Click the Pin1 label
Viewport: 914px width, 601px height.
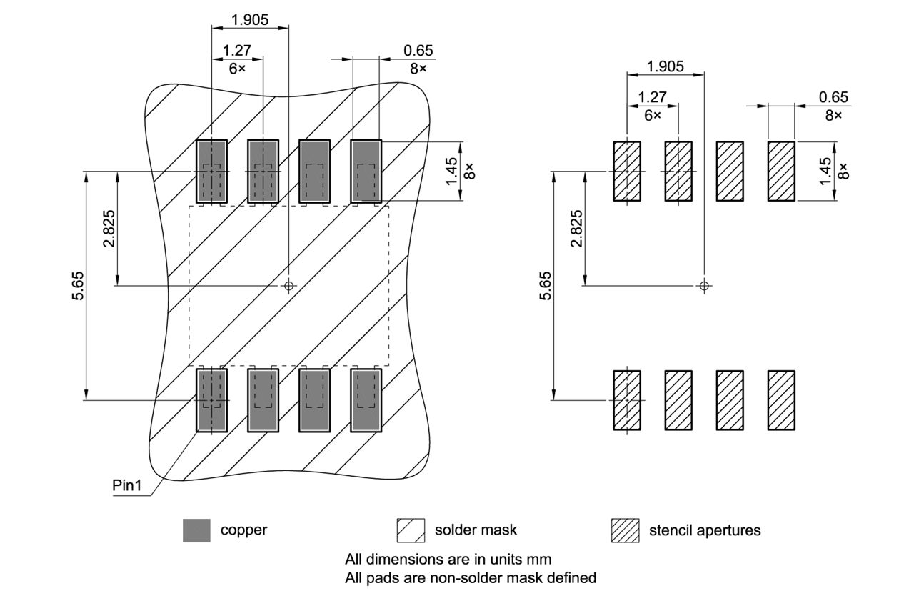coord(127,486)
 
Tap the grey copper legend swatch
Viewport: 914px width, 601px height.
coord(196,530)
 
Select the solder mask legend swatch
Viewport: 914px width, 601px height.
coord(411,530)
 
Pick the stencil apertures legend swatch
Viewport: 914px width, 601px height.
coord(625,530)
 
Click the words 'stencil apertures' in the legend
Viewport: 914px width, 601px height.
coord(704,530)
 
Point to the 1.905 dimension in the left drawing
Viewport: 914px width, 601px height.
coord(250,20)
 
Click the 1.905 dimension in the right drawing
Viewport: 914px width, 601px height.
coord(665,66)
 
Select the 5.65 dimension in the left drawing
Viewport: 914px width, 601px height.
coord(78,285)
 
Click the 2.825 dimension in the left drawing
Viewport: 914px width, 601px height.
coord(109,229)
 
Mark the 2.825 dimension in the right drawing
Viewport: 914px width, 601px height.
coord(577,229)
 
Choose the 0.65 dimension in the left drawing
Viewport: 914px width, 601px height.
coord(418,51)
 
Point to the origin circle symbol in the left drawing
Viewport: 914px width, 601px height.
coord(288,286)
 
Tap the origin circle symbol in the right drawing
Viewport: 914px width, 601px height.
coord(704,286)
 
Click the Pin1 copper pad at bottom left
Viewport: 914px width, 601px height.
coord(211,400)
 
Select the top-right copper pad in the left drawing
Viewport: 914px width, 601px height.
coord(366,171)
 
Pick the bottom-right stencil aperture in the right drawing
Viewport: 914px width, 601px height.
coord(781,400)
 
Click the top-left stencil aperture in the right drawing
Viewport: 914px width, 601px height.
coord(626,171)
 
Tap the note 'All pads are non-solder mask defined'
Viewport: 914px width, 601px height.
coord(470,577)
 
